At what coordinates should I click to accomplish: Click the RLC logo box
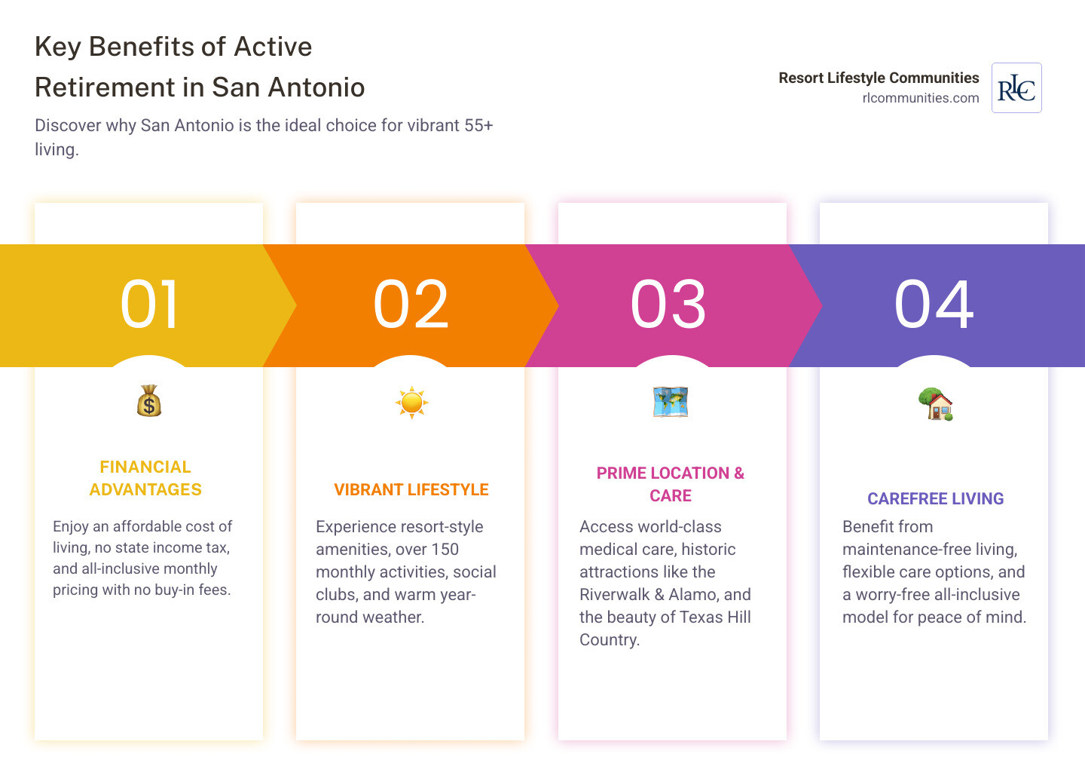click(x=1016, y=88)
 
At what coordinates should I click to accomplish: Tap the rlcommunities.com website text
click(x=921, y=98)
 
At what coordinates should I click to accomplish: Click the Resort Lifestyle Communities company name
click(x=879, y=78)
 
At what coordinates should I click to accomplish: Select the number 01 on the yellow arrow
click(x=149, y=305)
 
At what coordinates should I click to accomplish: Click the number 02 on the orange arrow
click(x=411, y=305)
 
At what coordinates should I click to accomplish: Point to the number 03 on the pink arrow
click(x=668, y=305)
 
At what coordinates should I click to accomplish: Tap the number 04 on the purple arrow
click(x=934, y=305)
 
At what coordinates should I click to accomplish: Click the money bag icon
click(x=149, y=401)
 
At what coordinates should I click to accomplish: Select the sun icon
click(x=411, y=403)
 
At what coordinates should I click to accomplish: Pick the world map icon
click(x=671, y=402)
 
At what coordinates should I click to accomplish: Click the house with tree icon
click(x=935, y=404)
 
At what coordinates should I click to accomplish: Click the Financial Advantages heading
click(x=145, y=478)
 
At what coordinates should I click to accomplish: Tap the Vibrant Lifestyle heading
click(x=411, y=490)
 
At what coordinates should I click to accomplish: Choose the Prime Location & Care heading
click(x=671, y=484)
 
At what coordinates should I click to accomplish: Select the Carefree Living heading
click(x=935, y=498)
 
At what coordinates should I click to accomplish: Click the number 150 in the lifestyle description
click(x=445, y=550)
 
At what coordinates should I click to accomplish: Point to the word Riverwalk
click(x=614, y=595)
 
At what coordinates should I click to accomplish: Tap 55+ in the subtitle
click(x=478, y=125)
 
